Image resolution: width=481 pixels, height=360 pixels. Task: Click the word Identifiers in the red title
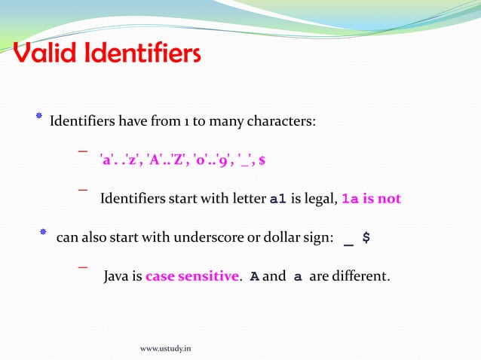(143, 54)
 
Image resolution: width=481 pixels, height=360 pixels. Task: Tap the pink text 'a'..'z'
(118, 160)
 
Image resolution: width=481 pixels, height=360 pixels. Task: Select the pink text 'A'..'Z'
(165, 160)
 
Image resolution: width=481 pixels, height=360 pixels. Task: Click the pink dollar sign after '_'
(262, 160)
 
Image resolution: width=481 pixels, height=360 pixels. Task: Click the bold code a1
(278, 200)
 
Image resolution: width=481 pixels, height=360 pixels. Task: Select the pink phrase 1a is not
(371, 200)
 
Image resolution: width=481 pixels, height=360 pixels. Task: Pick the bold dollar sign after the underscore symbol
(366, 238)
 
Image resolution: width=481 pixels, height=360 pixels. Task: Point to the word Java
(116, 276)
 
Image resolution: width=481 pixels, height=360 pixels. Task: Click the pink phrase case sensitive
(191, 276)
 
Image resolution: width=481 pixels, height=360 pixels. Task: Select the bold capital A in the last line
(255, 276)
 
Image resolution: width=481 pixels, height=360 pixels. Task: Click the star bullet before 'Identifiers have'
(38, 117)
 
